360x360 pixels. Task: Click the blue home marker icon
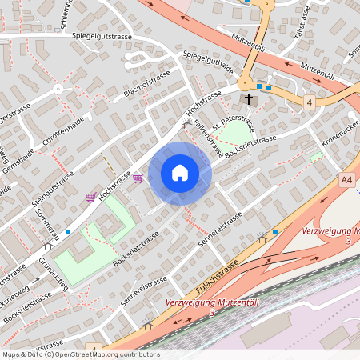(x=180, y=172)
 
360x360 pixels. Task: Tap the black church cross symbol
(x=249, y=98)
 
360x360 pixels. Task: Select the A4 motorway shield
(x=346, y=180)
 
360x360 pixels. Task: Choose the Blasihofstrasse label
(x=148, y=87)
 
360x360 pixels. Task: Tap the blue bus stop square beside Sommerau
(x=68, y=232)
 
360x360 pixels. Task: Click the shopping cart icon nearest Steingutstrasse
(x=90, y=197)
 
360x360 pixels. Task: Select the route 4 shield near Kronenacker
(x=309, y=102)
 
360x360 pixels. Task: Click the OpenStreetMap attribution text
(x=80, y=354)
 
